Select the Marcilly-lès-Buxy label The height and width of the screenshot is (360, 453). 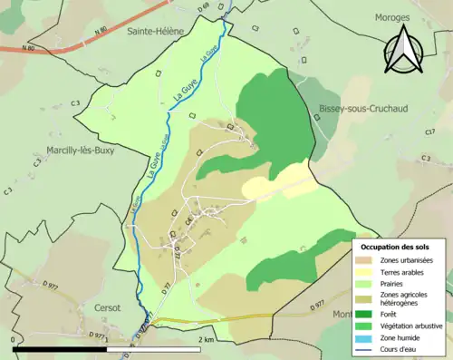click(x=82, y=151)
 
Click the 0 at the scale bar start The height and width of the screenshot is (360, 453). click(x=14, y=339)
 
